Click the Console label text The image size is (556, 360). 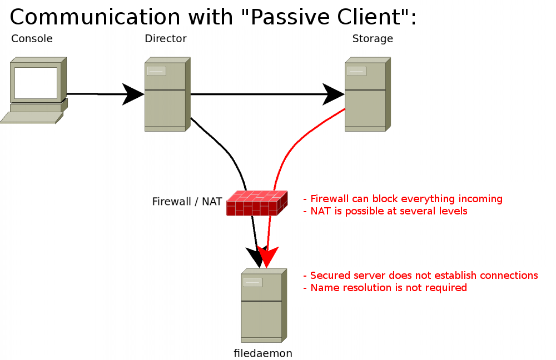pos(32,39)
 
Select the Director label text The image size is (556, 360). pos(165,39)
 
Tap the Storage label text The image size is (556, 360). pos(373,39)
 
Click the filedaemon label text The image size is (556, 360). pos(263,353)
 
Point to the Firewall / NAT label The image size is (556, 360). pos(187,202)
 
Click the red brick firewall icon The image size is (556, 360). pos(256,203)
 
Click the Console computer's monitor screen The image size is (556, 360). pos(36,82)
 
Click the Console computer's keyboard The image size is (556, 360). pos(31,117)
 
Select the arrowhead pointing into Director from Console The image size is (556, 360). pos(133,94)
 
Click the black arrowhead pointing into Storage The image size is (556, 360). pos(334,94)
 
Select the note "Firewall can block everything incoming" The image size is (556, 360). pos(403,199)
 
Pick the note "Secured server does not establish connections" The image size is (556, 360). pos(420,276)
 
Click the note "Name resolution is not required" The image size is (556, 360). pos(385,288)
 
